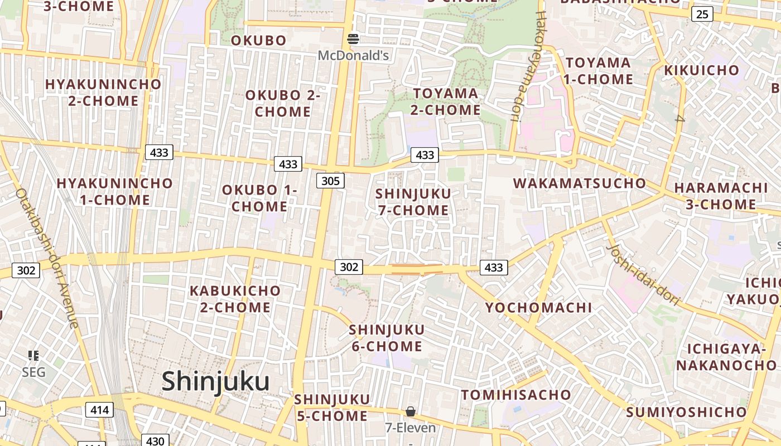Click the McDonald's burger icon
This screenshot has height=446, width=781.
click(353, 39)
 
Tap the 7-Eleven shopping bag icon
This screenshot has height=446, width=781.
click(411, 412)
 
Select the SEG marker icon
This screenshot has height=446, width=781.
click(33, 355)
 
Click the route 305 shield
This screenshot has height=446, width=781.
click(330, 181)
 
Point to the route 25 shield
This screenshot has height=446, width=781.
click(702, 14)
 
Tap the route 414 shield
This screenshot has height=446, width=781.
click(100, 410)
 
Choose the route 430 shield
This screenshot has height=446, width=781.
click(155, 440)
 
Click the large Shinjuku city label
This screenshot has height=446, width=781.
click(215, 382)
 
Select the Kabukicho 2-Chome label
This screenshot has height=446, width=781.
click(235, 299)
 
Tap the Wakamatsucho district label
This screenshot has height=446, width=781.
click(579, 183)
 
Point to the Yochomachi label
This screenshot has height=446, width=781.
click(538, 308)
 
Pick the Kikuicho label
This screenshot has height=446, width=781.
click(701, 70)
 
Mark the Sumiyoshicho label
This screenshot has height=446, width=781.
click(686, 413)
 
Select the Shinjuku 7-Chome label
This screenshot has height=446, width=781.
click(413, 202)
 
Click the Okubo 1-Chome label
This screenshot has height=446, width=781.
click(260, 198)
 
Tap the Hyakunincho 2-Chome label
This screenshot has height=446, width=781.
click(103, 93)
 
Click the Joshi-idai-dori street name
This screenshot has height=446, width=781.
click(643, 275)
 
